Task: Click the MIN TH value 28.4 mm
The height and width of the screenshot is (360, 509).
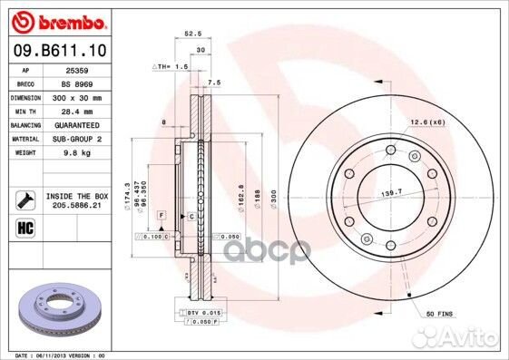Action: click(x=76, y=111)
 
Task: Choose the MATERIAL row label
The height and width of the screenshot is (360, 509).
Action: click(x=25, y=139)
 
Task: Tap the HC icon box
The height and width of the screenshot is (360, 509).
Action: click(x=24, y=227)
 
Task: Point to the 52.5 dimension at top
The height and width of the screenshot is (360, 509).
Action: click(x=191, y=34)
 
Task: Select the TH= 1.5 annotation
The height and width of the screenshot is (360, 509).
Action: click(x=169, y=67)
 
